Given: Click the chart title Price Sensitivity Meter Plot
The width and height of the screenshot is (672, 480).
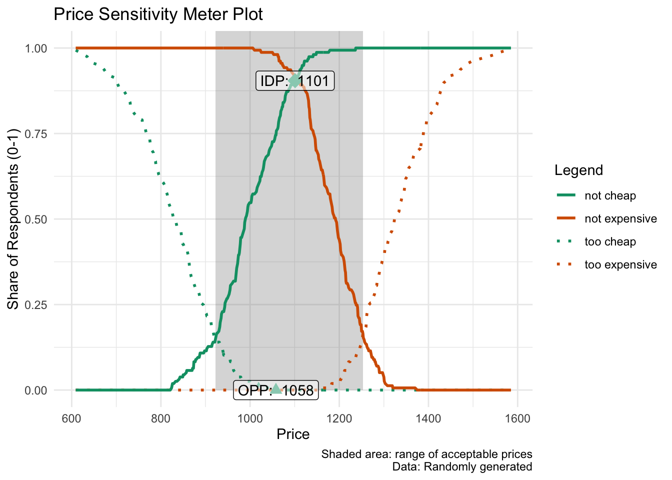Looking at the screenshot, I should pos(158,14).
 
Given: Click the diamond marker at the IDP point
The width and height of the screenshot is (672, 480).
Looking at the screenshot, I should pos(294,80).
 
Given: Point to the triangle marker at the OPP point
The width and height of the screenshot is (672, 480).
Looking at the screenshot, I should pos(275,388).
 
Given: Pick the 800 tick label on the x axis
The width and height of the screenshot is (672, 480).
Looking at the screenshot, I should pos(160,418).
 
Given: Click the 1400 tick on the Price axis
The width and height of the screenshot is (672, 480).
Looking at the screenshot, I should pos(428,418).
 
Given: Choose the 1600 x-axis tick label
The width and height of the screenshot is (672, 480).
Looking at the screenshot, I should pos(517,418).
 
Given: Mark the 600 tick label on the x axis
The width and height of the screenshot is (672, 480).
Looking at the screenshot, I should pos(71,418).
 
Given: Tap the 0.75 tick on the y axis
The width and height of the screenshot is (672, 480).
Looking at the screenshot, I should pos(36,134).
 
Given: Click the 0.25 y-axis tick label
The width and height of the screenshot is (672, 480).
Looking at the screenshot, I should pos(36,305).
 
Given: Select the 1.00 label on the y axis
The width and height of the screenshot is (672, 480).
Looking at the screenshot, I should pos(36,48).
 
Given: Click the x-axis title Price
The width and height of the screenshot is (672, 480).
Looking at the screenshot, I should pos(293,434).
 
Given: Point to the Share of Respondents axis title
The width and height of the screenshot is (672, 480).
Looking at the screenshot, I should pos(13,219).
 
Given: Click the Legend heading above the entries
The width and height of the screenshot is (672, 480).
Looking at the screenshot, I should pos(578,170).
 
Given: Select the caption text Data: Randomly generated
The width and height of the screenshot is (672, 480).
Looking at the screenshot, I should pos(462,466).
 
